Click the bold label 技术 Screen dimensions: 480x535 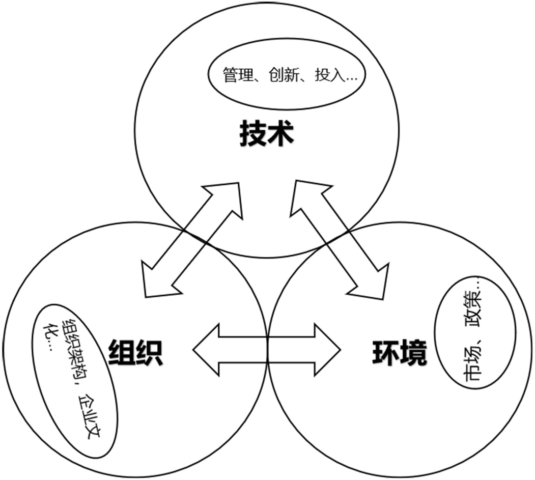(x=267, y=134)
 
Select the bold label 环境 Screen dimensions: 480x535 (x=399, y=353)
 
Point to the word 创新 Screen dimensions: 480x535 (x=286, y=75)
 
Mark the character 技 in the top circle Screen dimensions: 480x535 (x=253, y=134)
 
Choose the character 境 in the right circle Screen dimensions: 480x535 (x=413, y=353)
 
